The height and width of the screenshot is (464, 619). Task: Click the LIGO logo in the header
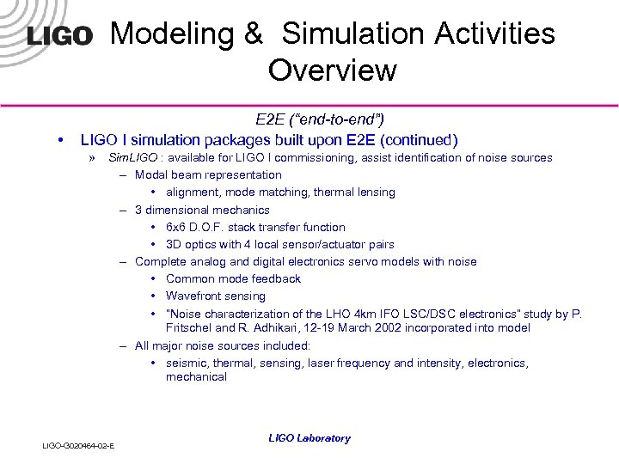point(59,36)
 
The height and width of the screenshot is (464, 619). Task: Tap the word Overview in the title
point(332,70)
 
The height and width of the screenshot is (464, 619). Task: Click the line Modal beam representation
point(208,174)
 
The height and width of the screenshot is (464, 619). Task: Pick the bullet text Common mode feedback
point(233,278)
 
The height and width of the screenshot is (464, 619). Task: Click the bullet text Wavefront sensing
point(216,296)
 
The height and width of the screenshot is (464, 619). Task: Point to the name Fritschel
point(190,327)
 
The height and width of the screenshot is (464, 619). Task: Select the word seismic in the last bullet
point(187,363)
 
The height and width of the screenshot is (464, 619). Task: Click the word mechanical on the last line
point(196,376)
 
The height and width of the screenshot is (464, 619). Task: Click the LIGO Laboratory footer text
point(309,438)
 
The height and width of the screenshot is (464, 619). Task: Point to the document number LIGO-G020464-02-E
point(79,445)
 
